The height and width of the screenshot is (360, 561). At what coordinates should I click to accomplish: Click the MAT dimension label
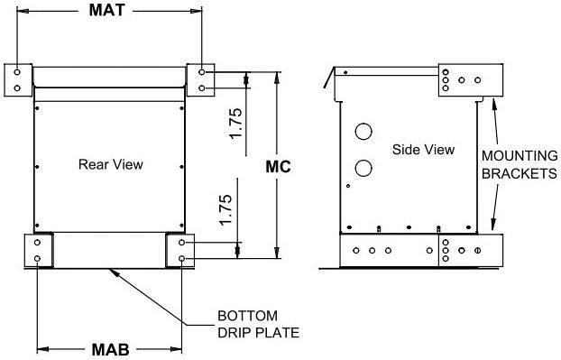coord(107,10)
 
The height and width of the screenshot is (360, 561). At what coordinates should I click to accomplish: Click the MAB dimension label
coord(110,349)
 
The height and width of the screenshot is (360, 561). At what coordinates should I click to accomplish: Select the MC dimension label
coord(278,167)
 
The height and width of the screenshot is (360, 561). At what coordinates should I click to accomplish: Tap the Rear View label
coord(111,164)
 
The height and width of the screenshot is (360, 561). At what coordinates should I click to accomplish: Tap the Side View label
coord(423,150)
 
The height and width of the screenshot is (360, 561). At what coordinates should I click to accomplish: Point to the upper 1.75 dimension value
coord(235,123)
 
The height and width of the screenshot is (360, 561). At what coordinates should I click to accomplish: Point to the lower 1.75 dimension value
coord(225,210)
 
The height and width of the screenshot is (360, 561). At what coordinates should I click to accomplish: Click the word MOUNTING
coord(520,156)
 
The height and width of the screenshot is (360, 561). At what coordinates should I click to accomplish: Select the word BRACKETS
coord(520,173)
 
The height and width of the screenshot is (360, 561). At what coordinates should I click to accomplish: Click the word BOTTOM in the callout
coord(248,316)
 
